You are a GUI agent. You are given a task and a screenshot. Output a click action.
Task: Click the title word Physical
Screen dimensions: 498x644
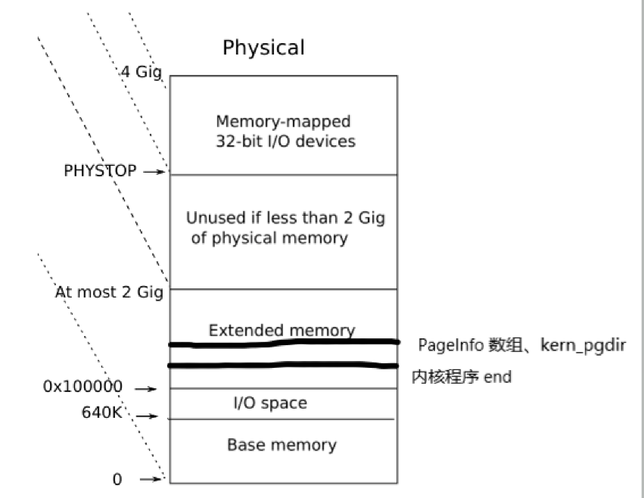pyautogui.click(x=263, y=48)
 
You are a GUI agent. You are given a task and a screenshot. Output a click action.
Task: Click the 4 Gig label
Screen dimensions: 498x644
pyautogui.click(x=142, y=73)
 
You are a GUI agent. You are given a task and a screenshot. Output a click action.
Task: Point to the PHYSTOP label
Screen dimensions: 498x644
pyautogui.click(x=100, y=171)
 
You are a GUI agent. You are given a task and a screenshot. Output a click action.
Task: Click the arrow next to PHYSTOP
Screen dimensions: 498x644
pyautogui.click(x=154, y=172)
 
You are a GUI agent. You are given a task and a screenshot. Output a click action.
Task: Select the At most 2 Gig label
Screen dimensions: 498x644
pyautogui.click(x=109, y=292)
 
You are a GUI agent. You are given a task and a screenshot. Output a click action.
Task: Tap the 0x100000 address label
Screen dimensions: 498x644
pyautogui.click(x=82, y=387)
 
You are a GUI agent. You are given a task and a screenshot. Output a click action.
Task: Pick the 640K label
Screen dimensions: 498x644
pyautogui.click(x=102, y=414)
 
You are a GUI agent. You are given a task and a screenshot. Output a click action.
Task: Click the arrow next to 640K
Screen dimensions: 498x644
pyautogui.click(x=148, y=416)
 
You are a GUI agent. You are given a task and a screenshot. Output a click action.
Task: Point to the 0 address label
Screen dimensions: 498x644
pyautogui.click(x=117, y=479)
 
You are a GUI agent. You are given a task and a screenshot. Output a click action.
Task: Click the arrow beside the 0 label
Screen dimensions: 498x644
pyautogui.click(x=153, y=478)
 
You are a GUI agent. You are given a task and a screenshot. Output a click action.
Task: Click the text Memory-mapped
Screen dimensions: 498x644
pyautogui.click(x=283, y=121)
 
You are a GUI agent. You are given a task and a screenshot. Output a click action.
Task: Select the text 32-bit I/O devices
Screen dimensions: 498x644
pyautogui.click(x=285, y=141)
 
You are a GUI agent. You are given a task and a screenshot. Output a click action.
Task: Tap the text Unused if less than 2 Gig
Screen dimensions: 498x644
pyautogui.click(x=285, y=218)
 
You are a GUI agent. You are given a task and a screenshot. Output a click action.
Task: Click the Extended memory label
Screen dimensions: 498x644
pyautogui.click(x=282, y=330)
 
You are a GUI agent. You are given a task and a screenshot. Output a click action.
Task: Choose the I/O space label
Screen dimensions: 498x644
pyautogui.click(x=269, y=403)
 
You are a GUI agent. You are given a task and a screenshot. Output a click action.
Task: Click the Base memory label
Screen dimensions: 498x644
pyautogui.click(x=282, y=444)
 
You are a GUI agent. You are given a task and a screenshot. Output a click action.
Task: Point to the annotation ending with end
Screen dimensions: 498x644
pyautogui.click(x=462, y=377)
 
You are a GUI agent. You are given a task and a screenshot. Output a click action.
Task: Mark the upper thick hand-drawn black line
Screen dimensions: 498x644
pyautogui.click(x=284, y=344)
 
